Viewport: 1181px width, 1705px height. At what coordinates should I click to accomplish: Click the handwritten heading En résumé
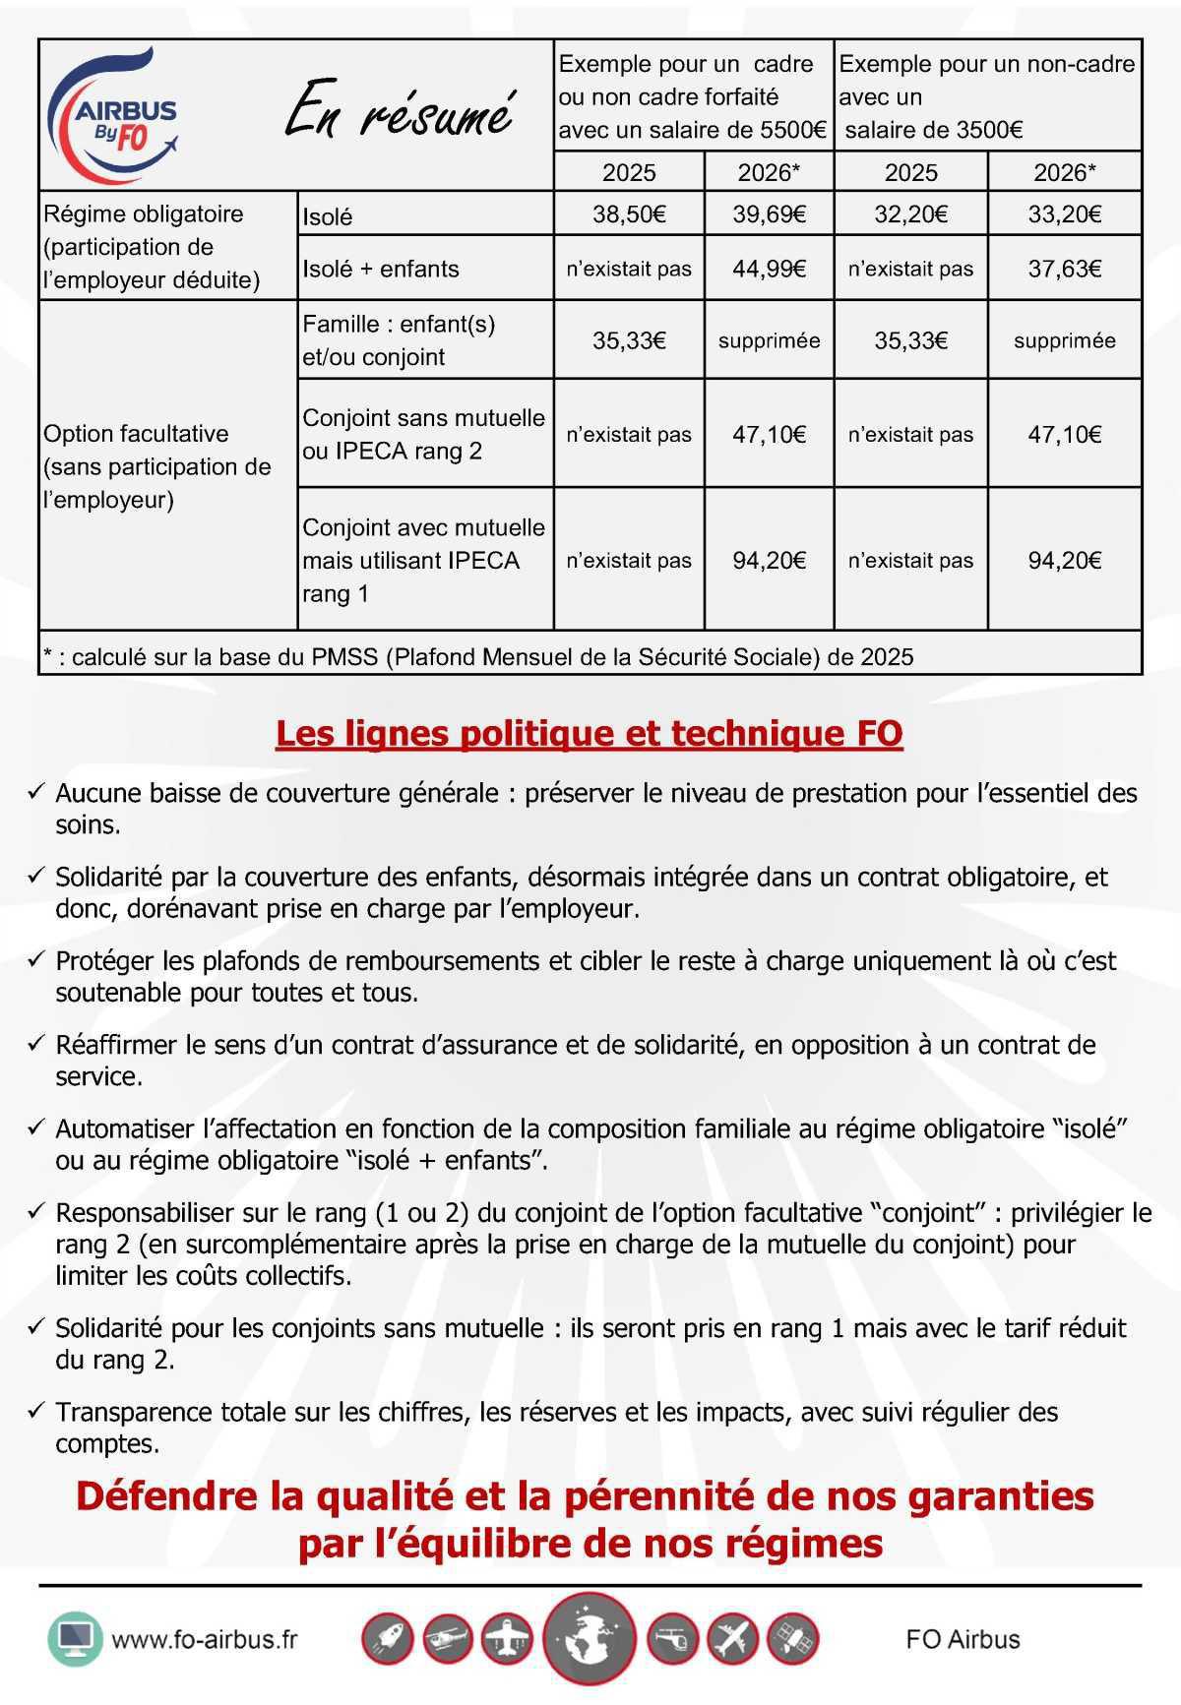[x=400, y=113]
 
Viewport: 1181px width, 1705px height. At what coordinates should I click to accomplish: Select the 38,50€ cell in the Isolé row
[x=629, y=213]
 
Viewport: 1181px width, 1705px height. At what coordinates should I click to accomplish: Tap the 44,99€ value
[x=769, y=269]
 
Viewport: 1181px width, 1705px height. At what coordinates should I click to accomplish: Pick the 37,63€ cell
[x=1064, y=269]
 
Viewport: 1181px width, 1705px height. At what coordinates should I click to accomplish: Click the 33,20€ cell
[x=1064, y=213]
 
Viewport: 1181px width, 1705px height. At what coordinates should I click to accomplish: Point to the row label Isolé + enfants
[x=381, y=269]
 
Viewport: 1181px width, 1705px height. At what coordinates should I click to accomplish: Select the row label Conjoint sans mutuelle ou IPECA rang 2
[x=423, y=434]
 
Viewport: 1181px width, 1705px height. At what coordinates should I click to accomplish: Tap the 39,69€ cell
[x=769, y=213]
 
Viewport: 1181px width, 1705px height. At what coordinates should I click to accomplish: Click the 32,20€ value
[x=910, y=213]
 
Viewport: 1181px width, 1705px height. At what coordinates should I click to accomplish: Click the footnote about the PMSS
[x=478, y=656]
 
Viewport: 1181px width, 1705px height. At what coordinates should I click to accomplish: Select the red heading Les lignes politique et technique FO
[x=589, y=734]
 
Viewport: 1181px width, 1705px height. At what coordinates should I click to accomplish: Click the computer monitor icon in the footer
[x=75, y=1639]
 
